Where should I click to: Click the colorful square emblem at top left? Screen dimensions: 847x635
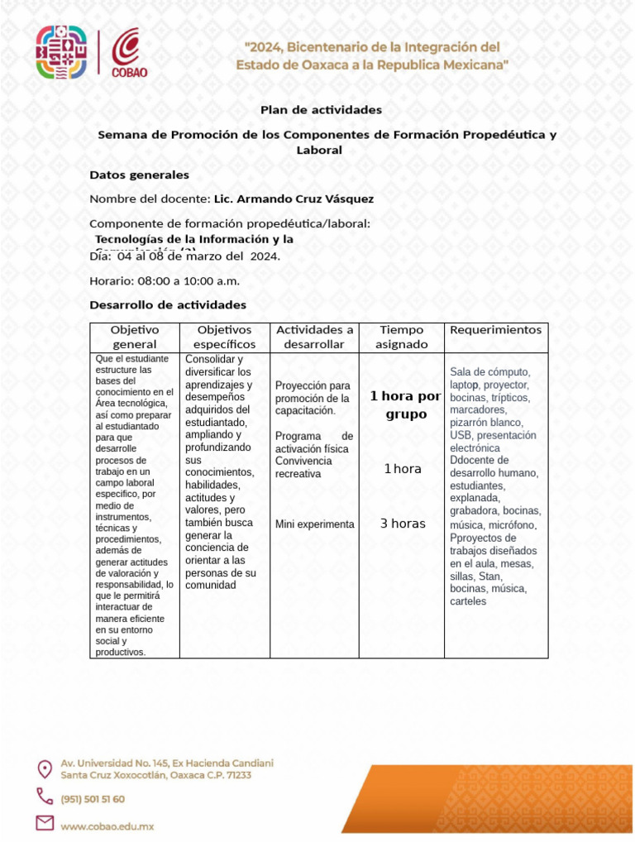click(x=60, y=51)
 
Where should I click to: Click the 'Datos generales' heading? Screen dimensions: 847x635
click(x=139, y=175)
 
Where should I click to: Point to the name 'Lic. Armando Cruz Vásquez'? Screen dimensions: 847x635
click(x=294, y=199)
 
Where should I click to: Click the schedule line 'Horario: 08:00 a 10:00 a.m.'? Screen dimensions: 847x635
click(x=164, y=281)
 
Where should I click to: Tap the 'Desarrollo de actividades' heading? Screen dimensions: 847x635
click(x=167, y=305)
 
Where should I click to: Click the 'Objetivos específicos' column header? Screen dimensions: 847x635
click(x=224, y=337)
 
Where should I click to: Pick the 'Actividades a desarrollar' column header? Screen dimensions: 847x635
click(x=314, y=337)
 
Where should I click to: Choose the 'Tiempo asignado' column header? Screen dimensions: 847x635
click(x=401, y=337)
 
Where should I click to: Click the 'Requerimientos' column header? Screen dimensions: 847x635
click(x=495, y=330)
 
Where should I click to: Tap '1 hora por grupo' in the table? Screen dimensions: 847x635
click(x=405, y=404)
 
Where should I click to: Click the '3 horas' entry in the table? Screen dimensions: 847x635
click(x=403, y=524)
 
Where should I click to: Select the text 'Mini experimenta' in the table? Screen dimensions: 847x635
click(x=314, y=524)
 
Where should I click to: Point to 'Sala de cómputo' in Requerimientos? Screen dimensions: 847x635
click(x=489, y=371)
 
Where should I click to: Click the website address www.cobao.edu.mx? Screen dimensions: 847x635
click(x=107, y=825)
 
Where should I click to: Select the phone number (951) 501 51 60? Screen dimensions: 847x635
click(x=93, y=799)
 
